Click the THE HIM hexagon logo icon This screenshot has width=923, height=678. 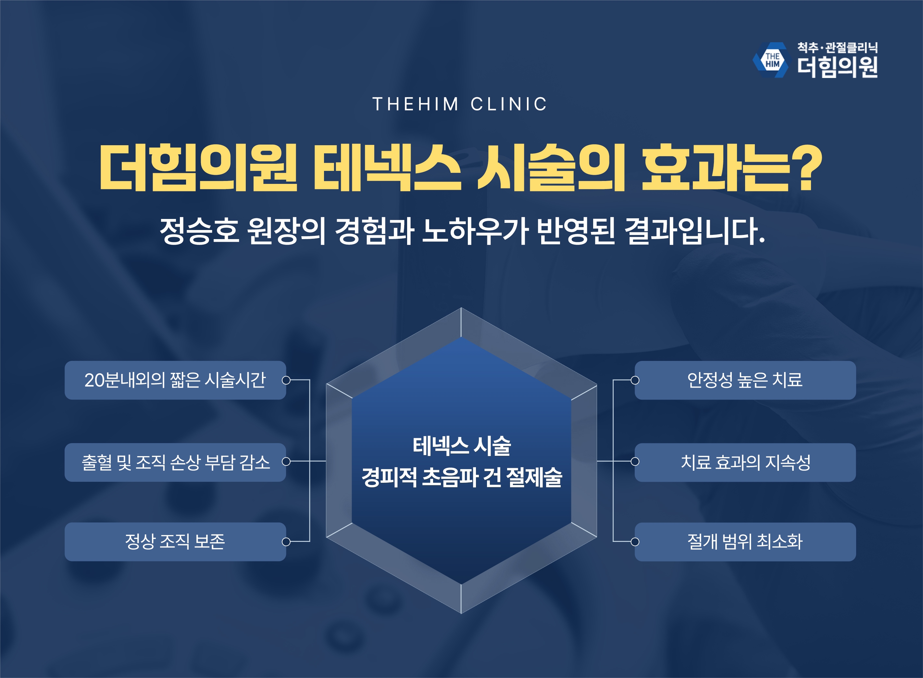pos(771,60)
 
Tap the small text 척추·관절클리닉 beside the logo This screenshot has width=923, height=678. pos(837,48)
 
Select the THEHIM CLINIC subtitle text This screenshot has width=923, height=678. pos(460,104)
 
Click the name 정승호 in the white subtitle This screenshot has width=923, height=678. pos(199,231)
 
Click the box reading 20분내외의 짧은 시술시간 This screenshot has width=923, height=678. pos(175,380)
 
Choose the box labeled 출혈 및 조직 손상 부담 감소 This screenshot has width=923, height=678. pos(175,462)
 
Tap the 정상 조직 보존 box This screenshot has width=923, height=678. pos(175,542)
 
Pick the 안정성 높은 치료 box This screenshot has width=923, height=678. pos(745,380)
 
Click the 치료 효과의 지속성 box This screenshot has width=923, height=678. pos(745,462)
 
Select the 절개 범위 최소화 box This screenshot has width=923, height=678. pos(745,542)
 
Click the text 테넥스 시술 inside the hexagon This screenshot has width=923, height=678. pos(462,446)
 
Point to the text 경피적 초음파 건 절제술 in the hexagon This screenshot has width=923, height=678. pos(462,477)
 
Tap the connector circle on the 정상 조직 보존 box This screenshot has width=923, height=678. pos(286,542)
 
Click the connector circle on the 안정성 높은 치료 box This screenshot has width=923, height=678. pos(635,380)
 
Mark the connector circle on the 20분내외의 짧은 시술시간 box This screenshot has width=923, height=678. pos(286,380)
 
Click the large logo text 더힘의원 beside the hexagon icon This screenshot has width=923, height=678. pos(837,67)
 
